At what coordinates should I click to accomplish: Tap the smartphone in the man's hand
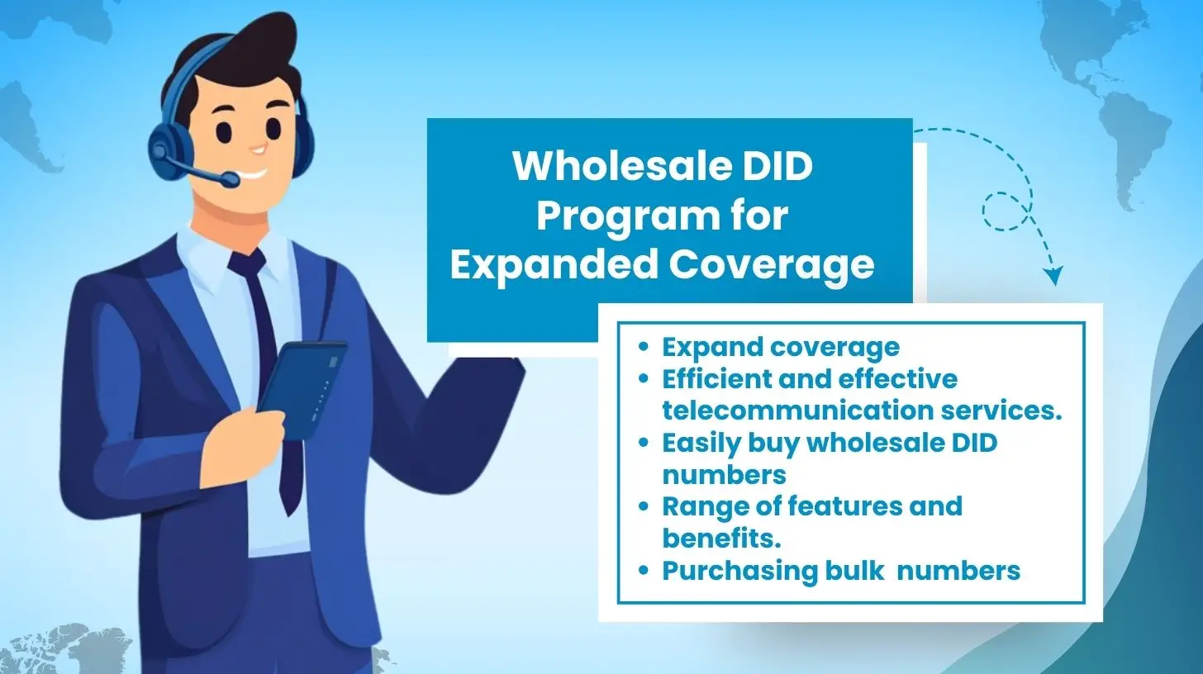click(304, 388)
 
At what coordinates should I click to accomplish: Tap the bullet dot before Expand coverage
click(644, 348)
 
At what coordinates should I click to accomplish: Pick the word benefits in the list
click(720, 538)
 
